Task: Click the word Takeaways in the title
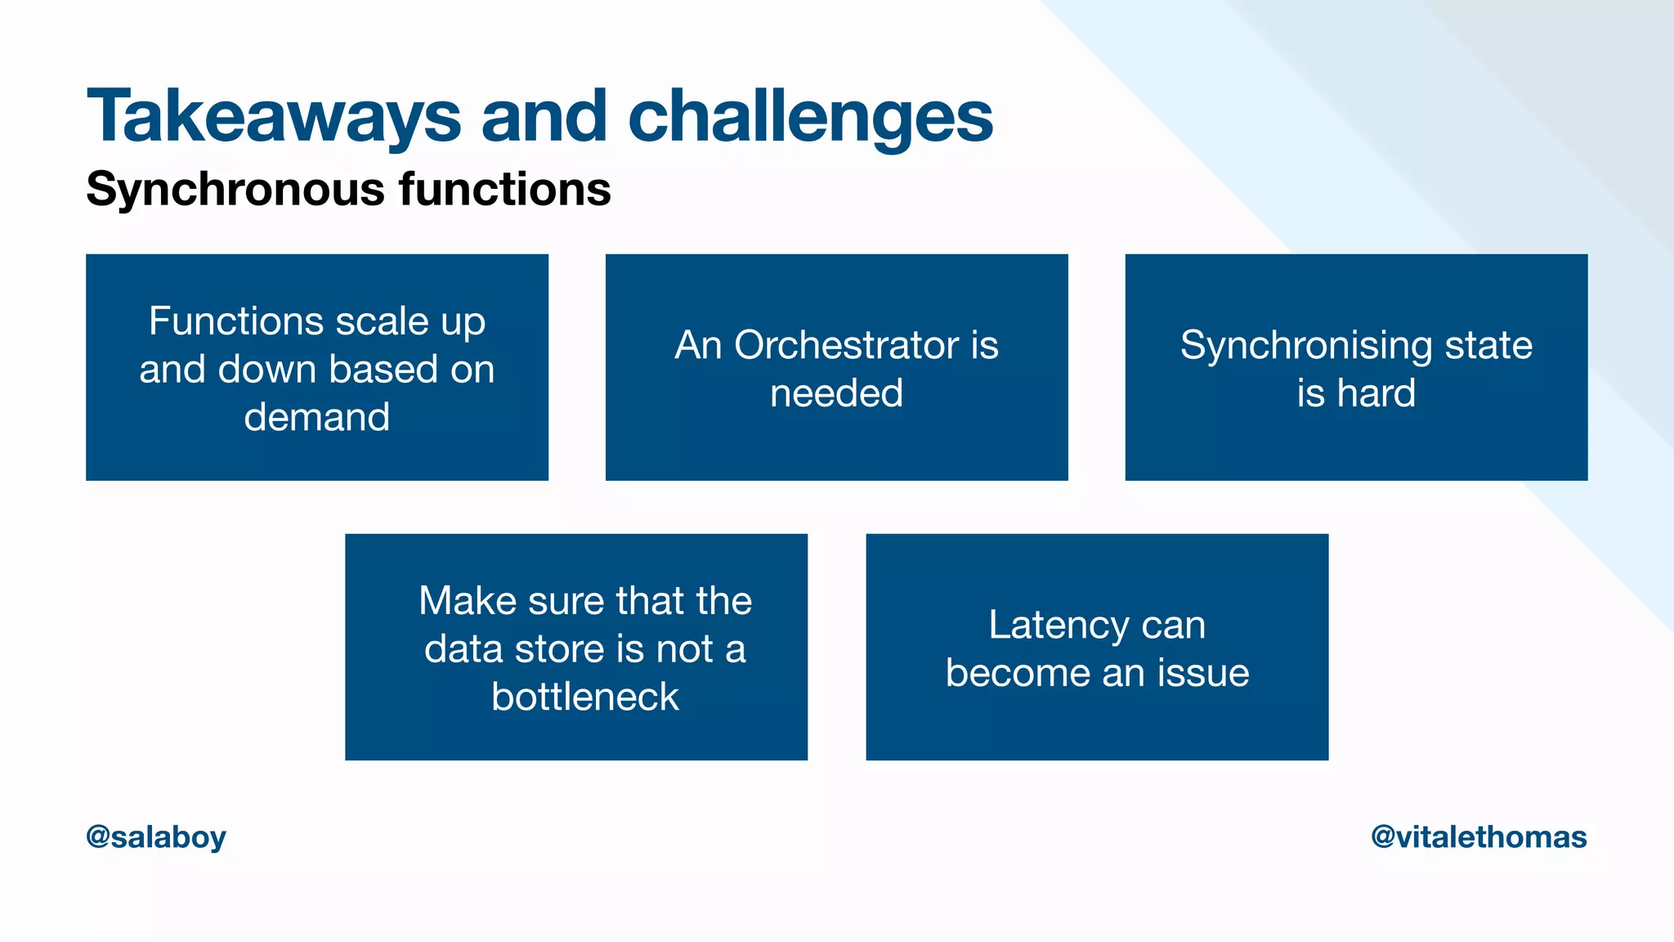[x=274, y=117]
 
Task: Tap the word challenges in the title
[x=810, y=117]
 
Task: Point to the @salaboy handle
[x=155, y=837]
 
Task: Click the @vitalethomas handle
[x=1479, y=837]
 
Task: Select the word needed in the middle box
[x=836, y=393]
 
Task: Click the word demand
[x=316, y=417]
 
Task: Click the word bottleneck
[x=584, y=697]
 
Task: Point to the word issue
[x=1202, y=673]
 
